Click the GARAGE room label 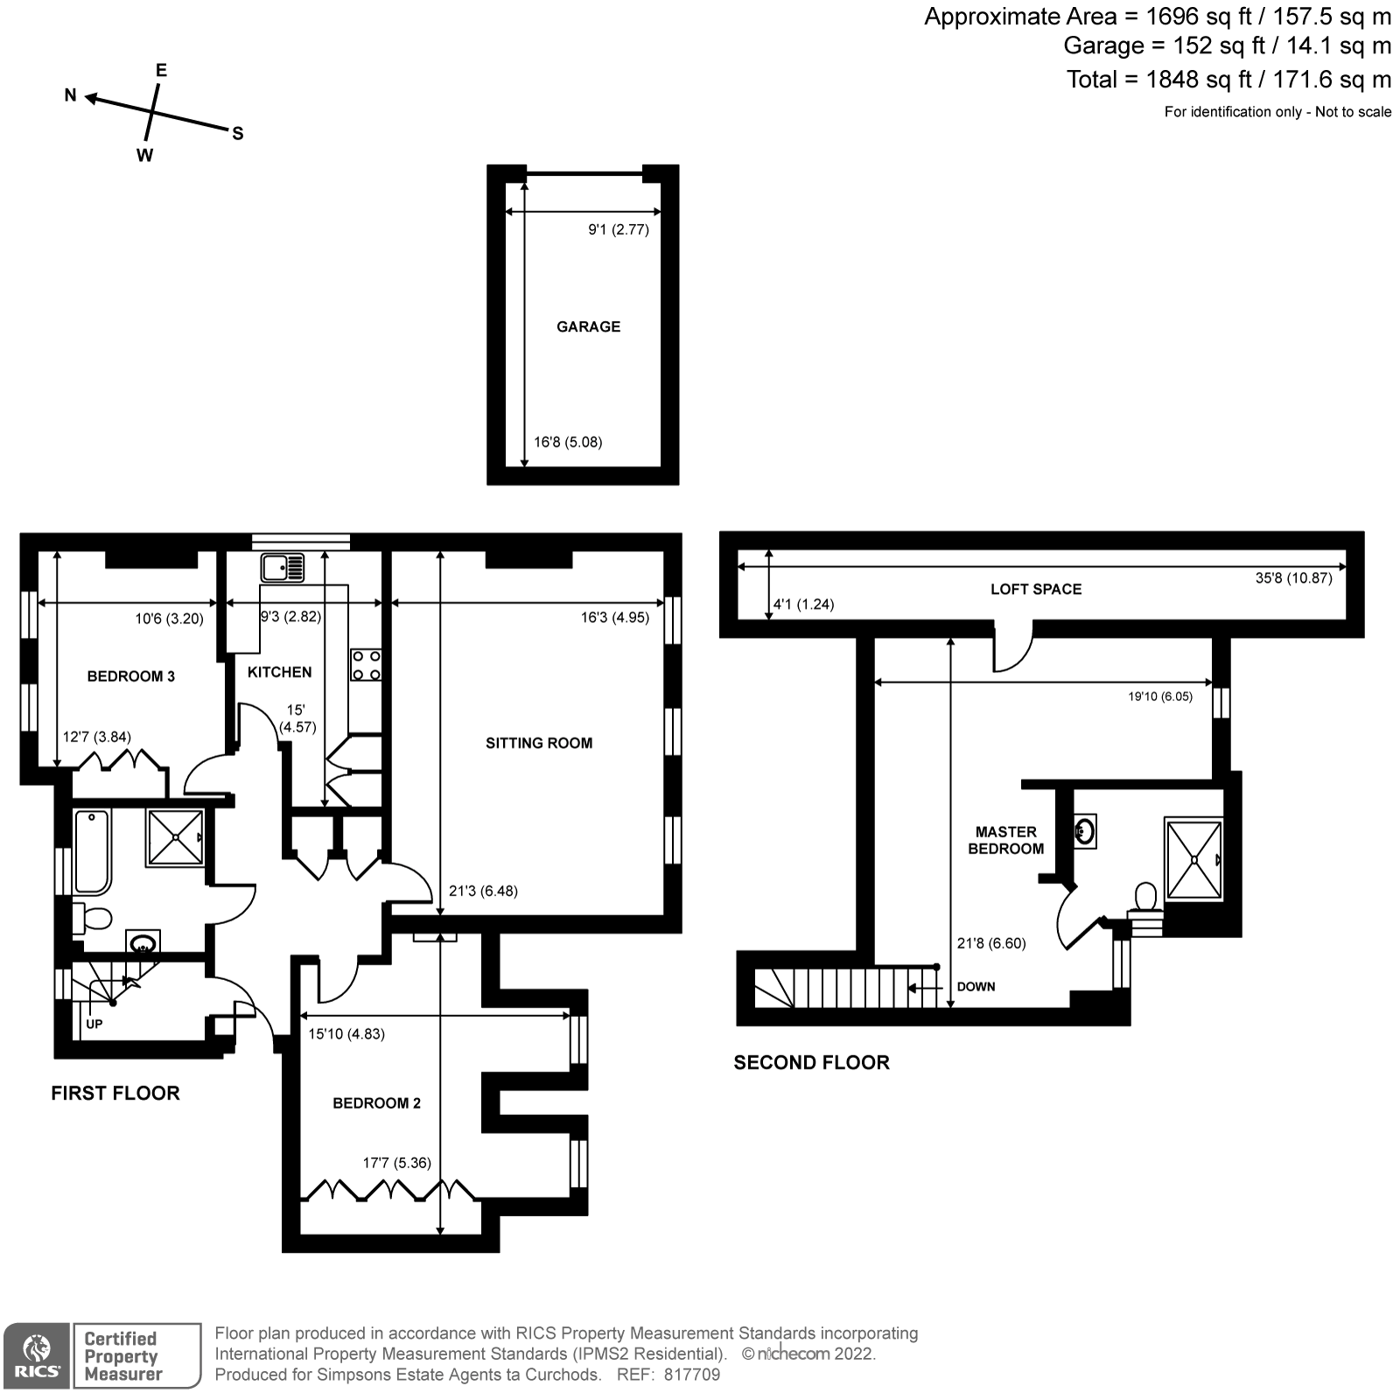(588, 326)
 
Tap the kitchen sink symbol (282, 569)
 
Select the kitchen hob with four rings (366, 664)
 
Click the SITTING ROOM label (539, 743)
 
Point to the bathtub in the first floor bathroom (92, 851)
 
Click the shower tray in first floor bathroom (176, 837)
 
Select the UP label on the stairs (94, 1023)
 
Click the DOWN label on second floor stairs (976, 986)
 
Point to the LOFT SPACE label (1036, 589)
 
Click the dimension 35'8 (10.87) (1293, 577)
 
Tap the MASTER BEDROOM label (1005, 840)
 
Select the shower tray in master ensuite (1193, 858)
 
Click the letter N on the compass (71, 95)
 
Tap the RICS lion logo (36, 1355)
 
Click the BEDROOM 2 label (376, 1102)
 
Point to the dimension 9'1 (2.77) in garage (618, 230)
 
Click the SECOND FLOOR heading (811, 1062)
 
